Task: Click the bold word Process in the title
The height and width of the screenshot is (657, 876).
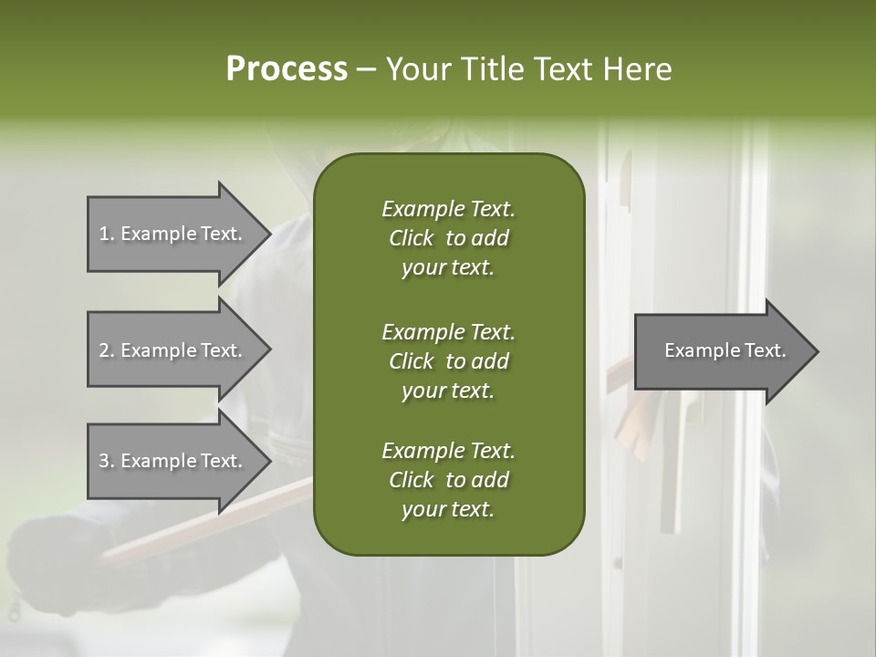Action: coord(287,69)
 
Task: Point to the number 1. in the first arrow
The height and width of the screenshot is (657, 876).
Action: coord(107,234)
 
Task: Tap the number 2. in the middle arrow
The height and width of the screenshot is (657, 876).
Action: coord(107,350)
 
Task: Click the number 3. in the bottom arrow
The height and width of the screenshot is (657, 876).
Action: coord(107,461)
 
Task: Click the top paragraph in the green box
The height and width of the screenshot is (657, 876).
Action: coord(448,238)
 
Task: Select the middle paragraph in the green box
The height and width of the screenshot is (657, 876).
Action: coord(448,360)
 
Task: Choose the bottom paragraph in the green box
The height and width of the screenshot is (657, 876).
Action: coord(448,480)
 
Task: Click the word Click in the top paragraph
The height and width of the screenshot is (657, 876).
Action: coord(411,238)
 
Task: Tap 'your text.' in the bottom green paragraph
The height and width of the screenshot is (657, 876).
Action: coord(448,509)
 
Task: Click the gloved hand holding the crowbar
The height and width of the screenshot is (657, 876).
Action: coord(55,557)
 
